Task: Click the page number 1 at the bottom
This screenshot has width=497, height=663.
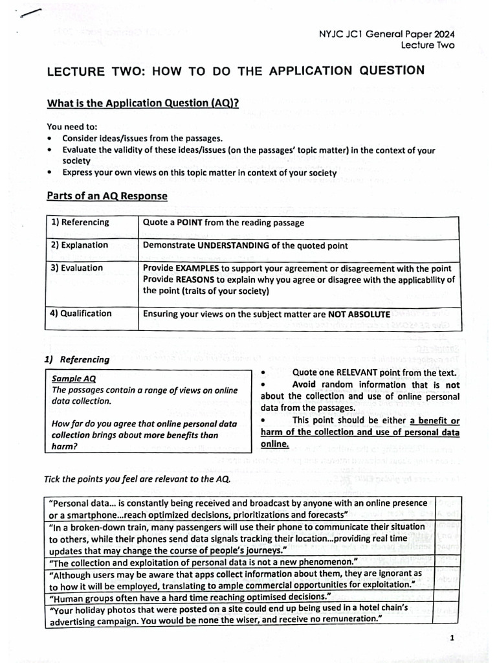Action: click(452, 638)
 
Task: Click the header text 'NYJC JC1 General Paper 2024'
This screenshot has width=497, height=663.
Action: click(387, 34)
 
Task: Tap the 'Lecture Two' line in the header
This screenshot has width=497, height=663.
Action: click(427, 45)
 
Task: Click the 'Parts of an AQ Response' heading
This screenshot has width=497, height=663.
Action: click(107, 196)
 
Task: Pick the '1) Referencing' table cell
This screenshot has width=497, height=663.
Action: click(80, 223)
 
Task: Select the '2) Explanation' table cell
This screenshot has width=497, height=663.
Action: click(80, 245)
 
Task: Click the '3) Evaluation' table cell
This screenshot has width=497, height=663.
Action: click(77, 268)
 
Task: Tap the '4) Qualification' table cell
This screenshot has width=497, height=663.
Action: click(82, 313)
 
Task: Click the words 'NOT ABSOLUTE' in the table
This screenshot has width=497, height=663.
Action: click(359, 314)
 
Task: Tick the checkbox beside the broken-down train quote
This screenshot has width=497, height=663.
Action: click(447, 537)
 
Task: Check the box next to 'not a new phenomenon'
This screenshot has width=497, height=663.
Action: click(447, 561)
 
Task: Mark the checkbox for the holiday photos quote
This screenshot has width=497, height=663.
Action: click(447, 613)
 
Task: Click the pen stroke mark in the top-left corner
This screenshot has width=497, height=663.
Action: click(30, 14)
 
